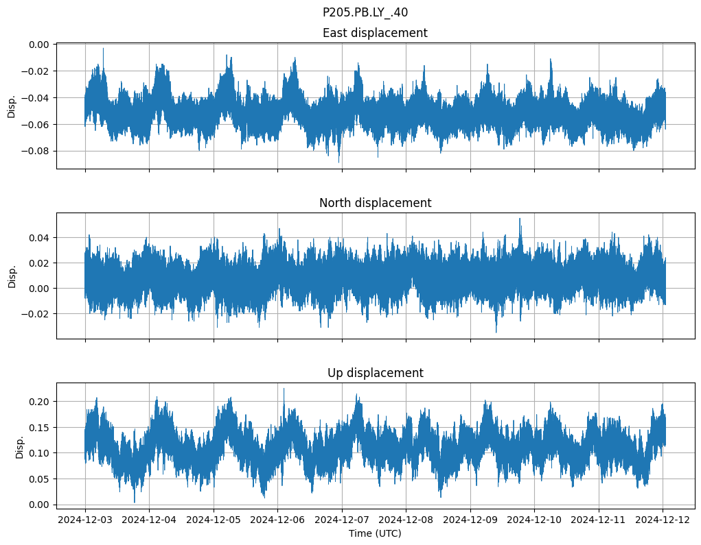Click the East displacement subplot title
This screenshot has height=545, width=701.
pyautogui.click(x=374, y=33)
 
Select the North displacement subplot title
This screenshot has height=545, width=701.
pyautogui.click(x=374, y=203)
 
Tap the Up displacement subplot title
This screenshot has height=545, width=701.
pyautogui.click(x=374, y=373)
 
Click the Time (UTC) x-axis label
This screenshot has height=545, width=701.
pyautogui.click(x=374, y=533)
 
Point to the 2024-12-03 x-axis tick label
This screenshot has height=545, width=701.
pyautogui.click(x=85, y=520)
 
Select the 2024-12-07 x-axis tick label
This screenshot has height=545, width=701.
pyautogui.click(x=342, y=520)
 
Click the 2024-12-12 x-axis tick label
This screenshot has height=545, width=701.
pyautogui.click(x=663, y=520)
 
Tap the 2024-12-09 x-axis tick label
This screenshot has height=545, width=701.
pyautogui.click(x=470, y=520)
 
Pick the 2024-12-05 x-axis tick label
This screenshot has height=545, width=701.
pyautogui.click(x=214, y=520)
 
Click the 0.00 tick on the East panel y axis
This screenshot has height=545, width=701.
pyautogui.click(x=39, y=45)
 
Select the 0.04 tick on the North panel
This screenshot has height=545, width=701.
pyautogui.click(x=39, y=238)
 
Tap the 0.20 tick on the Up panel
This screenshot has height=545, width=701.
pyautogui.click(x=39, y=402)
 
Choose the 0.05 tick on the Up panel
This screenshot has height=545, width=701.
pyautogui.click(x=39, y=479)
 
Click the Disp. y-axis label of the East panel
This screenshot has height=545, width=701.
pyautogui.click(x=12, y=106)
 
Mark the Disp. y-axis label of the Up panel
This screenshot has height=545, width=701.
pyautogui.click(x=20, y=446)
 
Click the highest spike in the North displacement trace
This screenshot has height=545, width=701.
pyautogui.click(x=520, y=219)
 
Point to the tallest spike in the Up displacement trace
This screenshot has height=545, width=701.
pyautogui.click(x=284, y=389)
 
